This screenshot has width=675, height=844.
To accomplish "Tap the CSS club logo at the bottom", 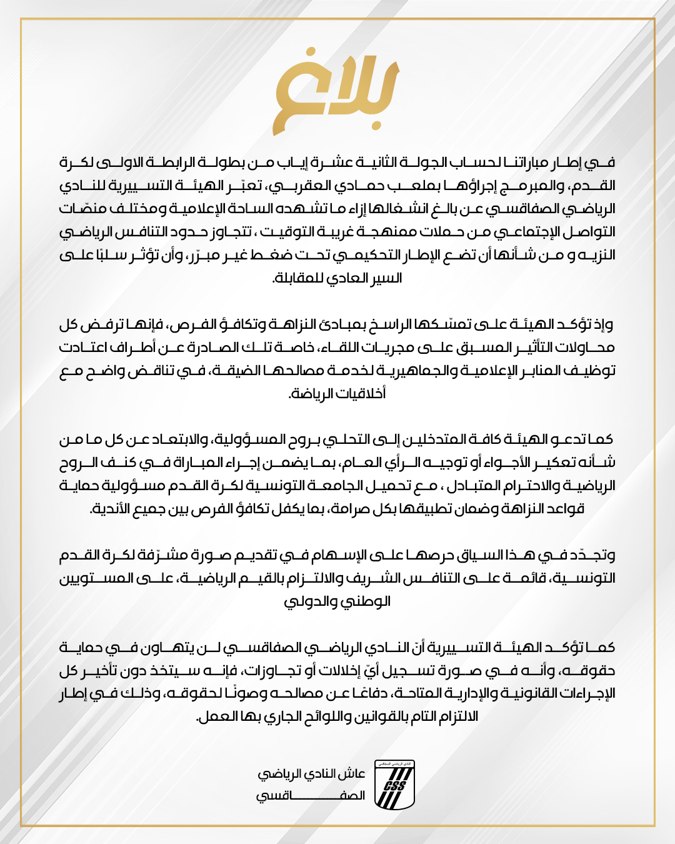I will (394, 784).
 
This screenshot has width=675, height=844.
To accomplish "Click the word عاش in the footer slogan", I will (353, 774).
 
